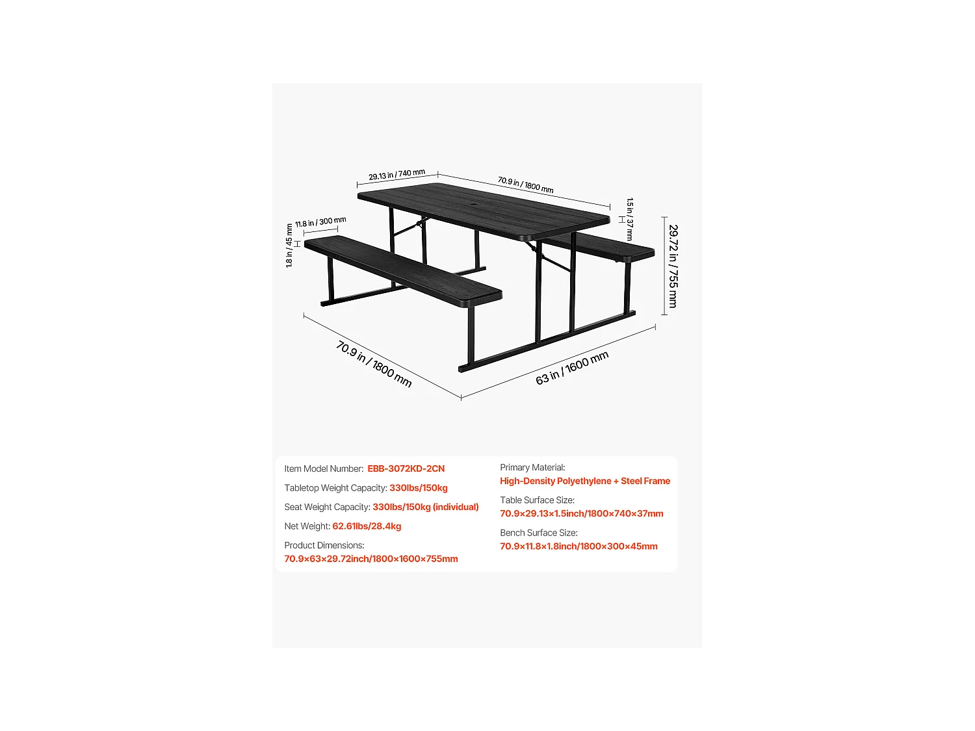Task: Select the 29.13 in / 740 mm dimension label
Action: (396, 175)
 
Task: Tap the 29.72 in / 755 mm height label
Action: (673, 266)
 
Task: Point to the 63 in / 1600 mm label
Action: (572, 368)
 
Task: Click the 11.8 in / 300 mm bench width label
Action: (320, 222)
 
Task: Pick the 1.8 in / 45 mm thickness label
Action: (289, 246)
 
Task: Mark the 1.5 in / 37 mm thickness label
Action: (629, 220)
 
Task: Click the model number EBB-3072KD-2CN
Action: (406, 468)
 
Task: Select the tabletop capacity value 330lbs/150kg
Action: (418, 488)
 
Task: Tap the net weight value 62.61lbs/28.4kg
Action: (367, 526)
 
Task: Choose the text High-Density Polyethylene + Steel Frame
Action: (584, 481)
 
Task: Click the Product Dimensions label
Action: (324, 545)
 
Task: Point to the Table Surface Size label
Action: (537, 500)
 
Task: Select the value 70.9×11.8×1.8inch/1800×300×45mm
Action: (578, 546)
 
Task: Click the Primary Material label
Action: (532, 467)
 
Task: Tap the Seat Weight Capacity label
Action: (327, 507)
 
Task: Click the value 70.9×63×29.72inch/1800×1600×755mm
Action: (370, 559)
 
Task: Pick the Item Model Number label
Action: (323, 468)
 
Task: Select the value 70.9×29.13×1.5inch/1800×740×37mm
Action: (581, 513)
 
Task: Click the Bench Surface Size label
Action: (538, 533)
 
